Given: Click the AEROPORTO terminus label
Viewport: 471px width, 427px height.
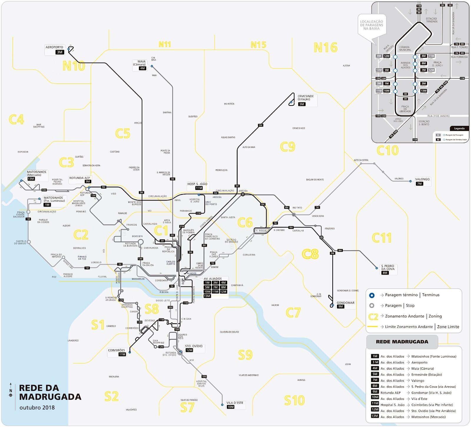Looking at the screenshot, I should pos(54,47).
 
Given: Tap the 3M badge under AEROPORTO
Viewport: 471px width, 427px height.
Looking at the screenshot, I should pos(60,52).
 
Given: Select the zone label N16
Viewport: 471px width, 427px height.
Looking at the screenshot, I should pos(325,47).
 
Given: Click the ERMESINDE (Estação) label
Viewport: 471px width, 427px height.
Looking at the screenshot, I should pos(306,98).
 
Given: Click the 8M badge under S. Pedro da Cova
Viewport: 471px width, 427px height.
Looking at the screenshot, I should pos(385,273).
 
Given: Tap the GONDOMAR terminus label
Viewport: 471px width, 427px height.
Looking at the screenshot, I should pos(345,303).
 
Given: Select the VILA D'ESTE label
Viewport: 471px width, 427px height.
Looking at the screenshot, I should pos(235,403).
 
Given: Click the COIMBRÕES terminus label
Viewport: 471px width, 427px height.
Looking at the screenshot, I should pos(116,350).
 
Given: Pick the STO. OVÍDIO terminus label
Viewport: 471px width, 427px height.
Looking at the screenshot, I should pos(194,346).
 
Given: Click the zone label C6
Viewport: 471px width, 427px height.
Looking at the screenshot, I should pos(245,223).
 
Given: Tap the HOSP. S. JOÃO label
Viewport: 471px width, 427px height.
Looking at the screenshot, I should pos(197,184).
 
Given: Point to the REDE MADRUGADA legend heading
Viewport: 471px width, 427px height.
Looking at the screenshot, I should pos(402,342).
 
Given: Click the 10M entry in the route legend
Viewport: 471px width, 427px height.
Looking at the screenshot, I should pos(375,397).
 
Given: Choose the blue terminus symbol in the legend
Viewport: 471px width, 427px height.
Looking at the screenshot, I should pos(372,295).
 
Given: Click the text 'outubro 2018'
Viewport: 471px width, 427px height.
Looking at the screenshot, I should pos(37,408).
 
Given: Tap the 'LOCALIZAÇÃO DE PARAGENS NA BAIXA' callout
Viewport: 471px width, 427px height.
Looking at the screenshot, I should pos(372,25).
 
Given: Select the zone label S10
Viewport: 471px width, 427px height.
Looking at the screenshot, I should pos(294,401).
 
